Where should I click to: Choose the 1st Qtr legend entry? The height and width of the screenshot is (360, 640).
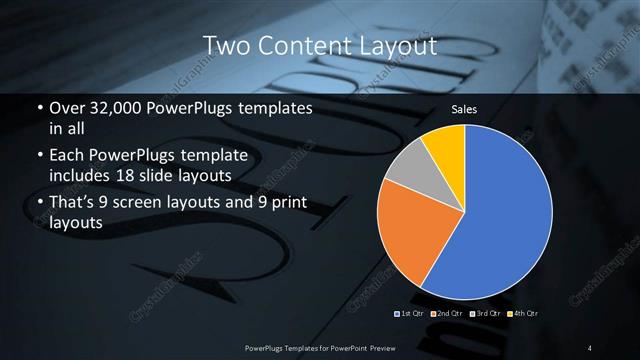pyautogui.click(x=411, y=314)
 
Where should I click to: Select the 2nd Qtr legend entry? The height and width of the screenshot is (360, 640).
pyautogui.click(x=447, y=314)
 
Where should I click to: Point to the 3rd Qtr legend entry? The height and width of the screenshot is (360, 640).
pyautogui.click(x=485, y=314)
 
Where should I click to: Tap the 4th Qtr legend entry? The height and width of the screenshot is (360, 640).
pyautogui.click(x=524, y=314)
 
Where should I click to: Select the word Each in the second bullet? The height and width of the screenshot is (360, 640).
pyautogui.click(x=66, y=156)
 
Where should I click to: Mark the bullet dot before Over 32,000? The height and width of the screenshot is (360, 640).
pyautogui.click(x=38, y=108)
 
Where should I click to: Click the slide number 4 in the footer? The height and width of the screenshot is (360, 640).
pyautogui.click(x=590, y=347)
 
